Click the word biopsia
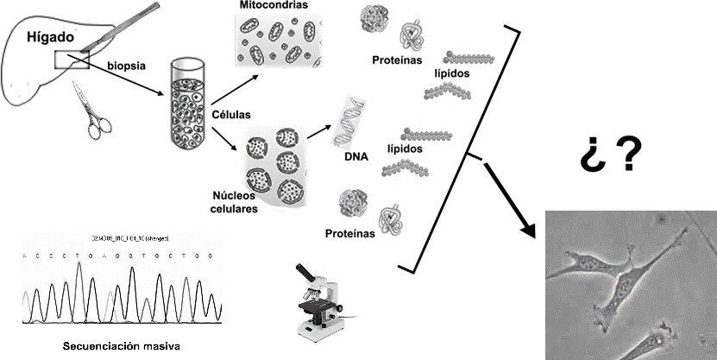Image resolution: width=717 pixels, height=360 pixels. click(127, 65)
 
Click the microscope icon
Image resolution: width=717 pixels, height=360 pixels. click(318, 302)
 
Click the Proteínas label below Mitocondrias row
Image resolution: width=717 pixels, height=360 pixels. click(396, 61)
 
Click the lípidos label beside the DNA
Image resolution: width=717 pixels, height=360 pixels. click(407, 148)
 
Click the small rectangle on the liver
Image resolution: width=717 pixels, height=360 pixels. click(72, 59)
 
